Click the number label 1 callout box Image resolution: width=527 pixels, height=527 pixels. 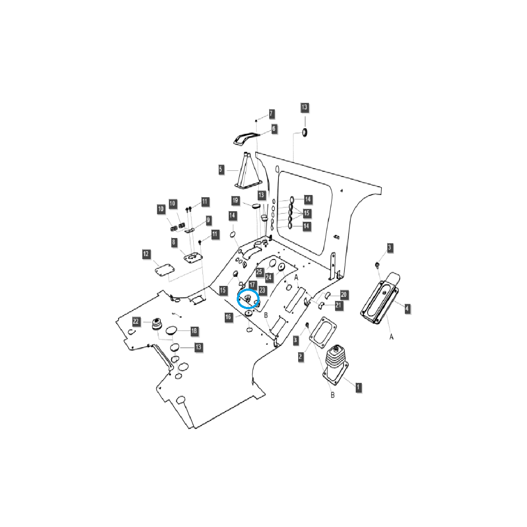[358, 387]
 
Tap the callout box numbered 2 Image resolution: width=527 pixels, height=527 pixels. [300, 356]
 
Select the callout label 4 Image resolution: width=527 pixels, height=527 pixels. [407, 309]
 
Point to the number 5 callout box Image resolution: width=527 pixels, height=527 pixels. [221, 169]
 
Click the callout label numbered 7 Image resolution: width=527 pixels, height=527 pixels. [271, 114]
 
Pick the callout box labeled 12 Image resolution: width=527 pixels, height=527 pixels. [146, 254]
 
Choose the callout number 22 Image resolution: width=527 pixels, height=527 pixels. [136, 322]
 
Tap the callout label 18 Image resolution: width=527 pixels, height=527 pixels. [194, 331]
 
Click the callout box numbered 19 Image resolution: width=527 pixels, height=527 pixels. [235, 201]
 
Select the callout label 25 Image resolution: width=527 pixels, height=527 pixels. [259, 272]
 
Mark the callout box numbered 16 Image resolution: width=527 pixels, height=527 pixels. [228, 317]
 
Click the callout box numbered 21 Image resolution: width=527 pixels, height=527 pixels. [338, 305]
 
